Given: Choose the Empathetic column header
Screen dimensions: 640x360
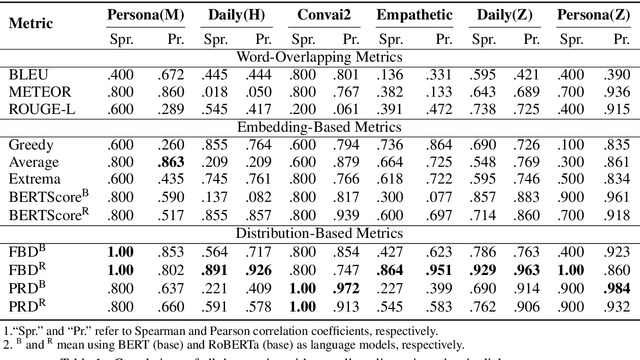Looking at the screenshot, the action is click(414, 17).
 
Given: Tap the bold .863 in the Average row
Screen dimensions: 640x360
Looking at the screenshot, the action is click(175, 160).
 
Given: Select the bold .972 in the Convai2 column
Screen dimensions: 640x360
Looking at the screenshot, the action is click(348, 287).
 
